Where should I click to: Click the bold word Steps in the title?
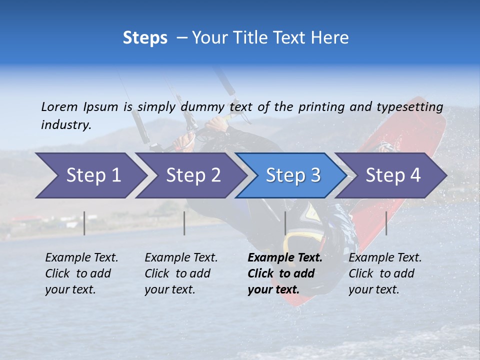click(x=145, y=38)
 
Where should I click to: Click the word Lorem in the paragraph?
click(x=59, y=106)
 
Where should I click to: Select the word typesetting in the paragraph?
click(x=409, y=106)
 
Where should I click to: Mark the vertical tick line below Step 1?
click(x=84, y=223)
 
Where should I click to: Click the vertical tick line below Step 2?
click(x=184, y=223)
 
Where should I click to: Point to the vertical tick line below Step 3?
click(x=285, y=223)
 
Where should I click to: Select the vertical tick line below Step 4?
click(x=386, y=223)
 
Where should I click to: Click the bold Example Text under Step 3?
click(x=285, y=258)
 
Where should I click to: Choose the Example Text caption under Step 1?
click(x=81, y=258)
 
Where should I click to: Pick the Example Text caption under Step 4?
click(x=385, y=258)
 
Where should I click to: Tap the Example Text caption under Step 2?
click(x=181, y=258)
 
